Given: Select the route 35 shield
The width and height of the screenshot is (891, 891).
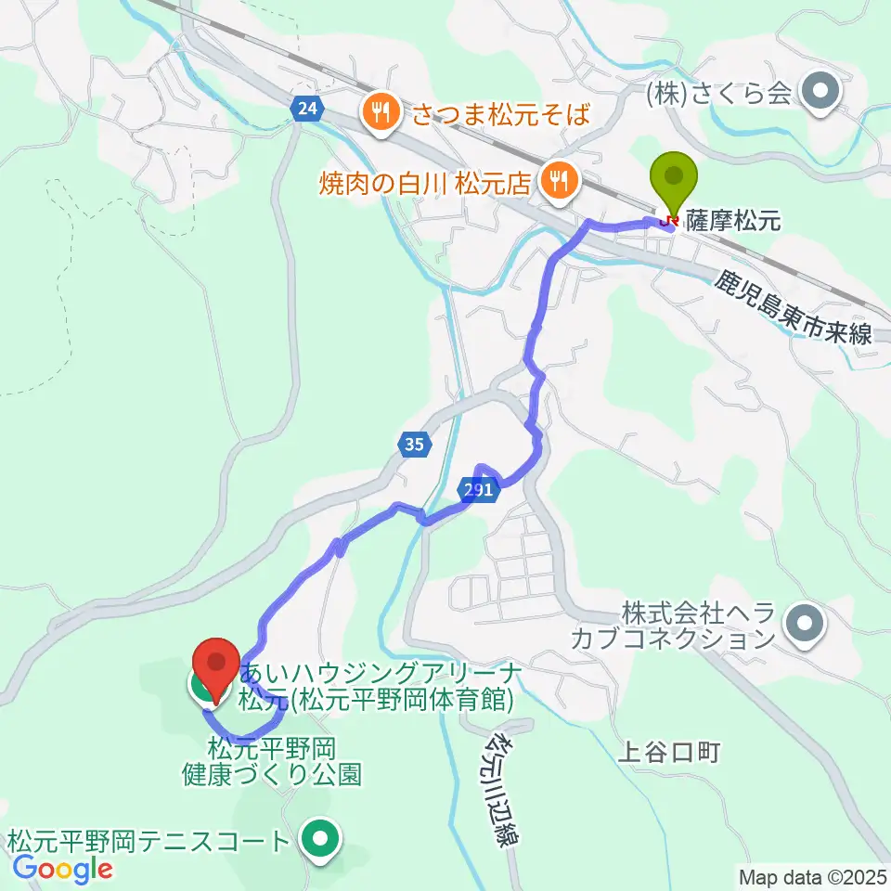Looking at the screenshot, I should [x=414, y=445].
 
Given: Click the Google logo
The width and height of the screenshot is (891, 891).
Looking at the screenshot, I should [x=62, y=868].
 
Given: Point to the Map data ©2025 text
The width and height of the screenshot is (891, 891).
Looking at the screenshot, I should [x=812, y=876].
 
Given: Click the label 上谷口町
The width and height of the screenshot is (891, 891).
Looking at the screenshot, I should [x=668, y=752].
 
